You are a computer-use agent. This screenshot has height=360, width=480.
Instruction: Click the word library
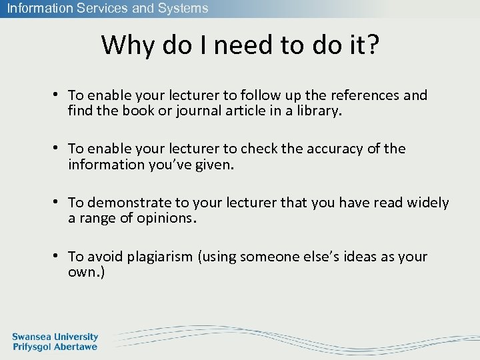pyautogui.click(x=316, y=111)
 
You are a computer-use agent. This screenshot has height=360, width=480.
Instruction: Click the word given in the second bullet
pyautogui.click(x=213, y=165)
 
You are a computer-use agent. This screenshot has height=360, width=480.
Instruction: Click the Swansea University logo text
pyautogui.click(x=55, y=337)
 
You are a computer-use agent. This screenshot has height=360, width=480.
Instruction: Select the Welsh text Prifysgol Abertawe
pyautogui.click(x=55, y=347)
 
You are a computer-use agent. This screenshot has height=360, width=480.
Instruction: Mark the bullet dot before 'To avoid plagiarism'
pyautogui.click(x=59, y=256)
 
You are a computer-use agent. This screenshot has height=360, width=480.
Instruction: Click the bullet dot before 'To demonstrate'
pyautogui.click(x=59, y=202)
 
